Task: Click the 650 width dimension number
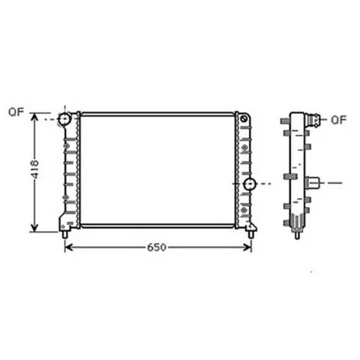(157, 247)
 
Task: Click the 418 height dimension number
(34, 169)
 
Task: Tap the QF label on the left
(16, 112)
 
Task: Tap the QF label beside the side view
(339, 120)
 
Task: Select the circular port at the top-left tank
(64, 119)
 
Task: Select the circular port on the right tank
(250, 184)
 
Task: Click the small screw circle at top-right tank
(244, 119)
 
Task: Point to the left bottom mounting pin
(65, 235)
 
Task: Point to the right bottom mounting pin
(250, 235)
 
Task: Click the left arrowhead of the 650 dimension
(68, 247)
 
